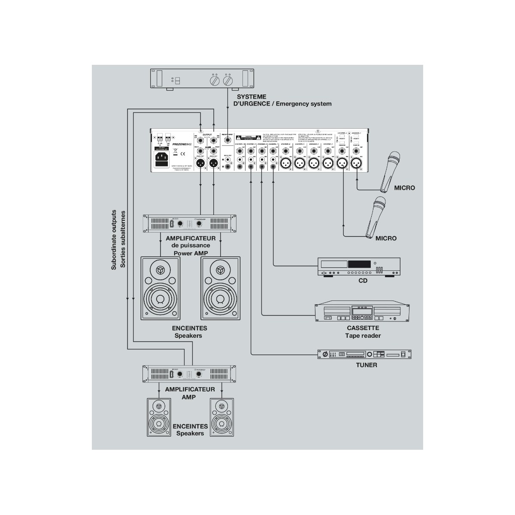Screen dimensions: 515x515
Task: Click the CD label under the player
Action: (x=364, y=281)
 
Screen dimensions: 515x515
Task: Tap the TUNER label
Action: (x=367, y=365)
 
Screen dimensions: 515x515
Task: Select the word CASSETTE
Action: (x=363, y=328)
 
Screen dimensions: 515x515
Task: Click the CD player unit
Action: (x=358, y=267)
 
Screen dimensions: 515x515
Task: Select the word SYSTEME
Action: (x=251, y=97)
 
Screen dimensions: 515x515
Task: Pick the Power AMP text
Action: (x=191, y=253)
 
